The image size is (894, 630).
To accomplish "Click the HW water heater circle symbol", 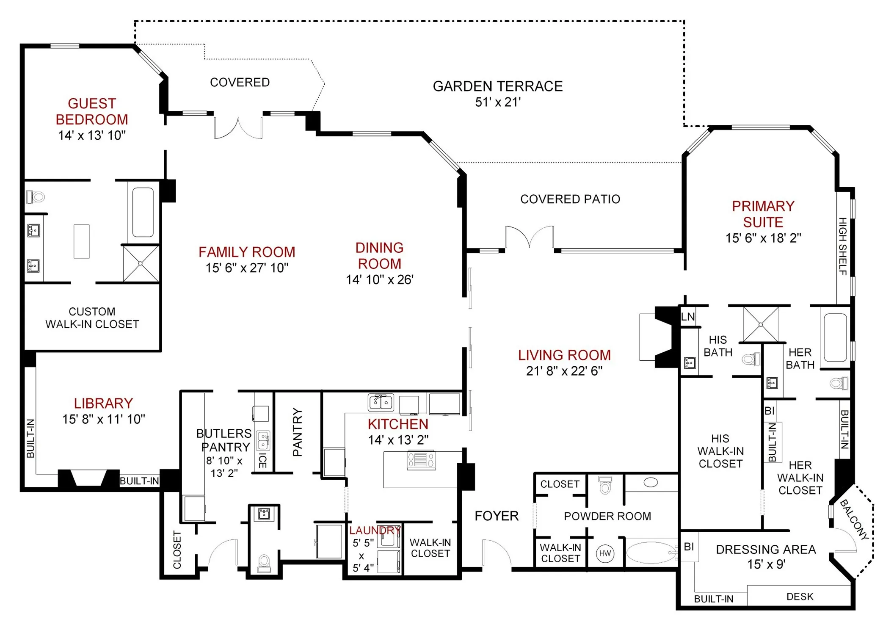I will point(605,553).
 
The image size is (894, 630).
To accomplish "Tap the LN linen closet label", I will point(688,317).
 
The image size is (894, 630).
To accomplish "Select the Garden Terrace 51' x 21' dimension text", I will point(497,102).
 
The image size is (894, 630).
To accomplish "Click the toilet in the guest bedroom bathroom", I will point(36,197).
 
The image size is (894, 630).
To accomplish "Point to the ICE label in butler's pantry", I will point(262,461).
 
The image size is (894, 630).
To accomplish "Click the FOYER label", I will point(497,516).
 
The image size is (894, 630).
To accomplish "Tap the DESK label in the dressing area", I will point(800,597).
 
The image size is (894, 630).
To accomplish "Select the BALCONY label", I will point(854,519).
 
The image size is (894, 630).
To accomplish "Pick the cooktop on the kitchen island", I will point(421,461).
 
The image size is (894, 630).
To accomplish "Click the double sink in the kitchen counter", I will point(381,402).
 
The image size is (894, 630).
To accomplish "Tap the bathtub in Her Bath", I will point(835,337).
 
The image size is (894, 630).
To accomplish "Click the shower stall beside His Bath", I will point(761,324).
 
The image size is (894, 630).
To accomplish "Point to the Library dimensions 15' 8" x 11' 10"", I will point(104,419).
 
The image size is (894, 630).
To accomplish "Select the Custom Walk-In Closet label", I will point(92,318).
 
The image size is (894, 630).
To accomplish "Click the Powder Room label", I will point(607,516).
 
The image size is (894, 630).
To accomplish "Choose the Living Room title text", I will point(564,355).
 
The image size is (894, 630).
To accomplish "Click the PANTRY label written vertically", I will point(298,432).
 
